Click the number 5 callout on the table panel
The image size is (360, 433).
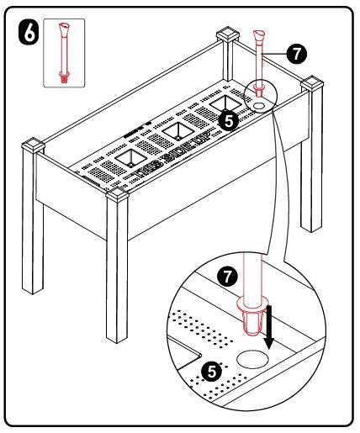pyautogui.click(x=225, y=120)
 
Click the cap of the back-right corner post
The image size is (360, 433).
pyautogui.click(x=313, y=85)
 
